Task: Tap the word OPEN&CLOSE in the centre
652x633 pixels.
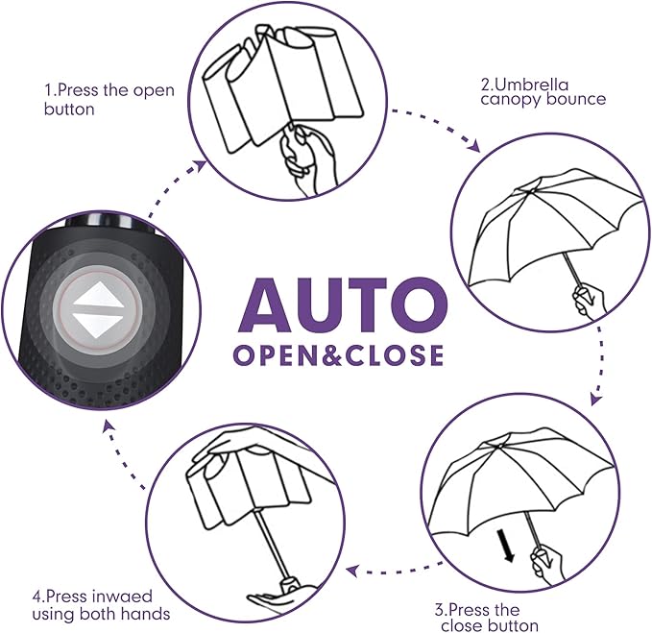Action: click(338, 354)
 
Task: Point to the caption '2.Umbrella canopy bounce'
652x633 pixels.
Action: click(543, 91)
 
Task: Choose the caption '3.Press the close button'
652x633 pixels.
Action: click(489, 618)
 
